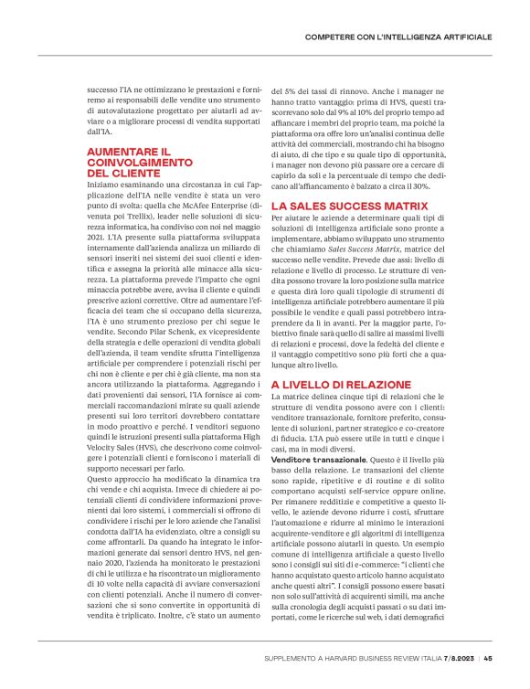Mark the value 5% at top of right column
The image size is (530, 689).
pos(291,91)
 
